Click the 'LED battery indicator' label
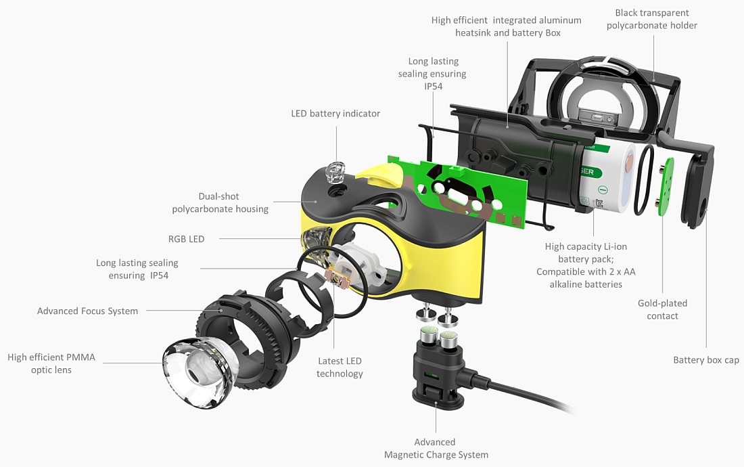(335, 114)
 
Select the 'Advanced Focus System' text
(87, 311)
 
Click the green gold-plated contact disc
(665, 186)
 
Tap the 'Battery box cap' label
(706, 360)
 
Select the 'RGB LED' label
(186, 239)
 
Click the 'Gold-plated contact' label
(662, 309)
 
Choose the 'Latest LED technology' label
(340, 368)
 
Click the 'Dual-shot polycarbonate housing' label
(220, 202)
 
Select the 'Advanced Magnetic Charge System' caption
(436, 448)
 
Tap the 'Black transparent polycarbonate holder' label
(651, 19)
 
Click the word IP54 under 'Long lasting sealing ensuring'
(432, 87)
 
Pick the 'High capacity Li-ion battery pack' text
(586, 265)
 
